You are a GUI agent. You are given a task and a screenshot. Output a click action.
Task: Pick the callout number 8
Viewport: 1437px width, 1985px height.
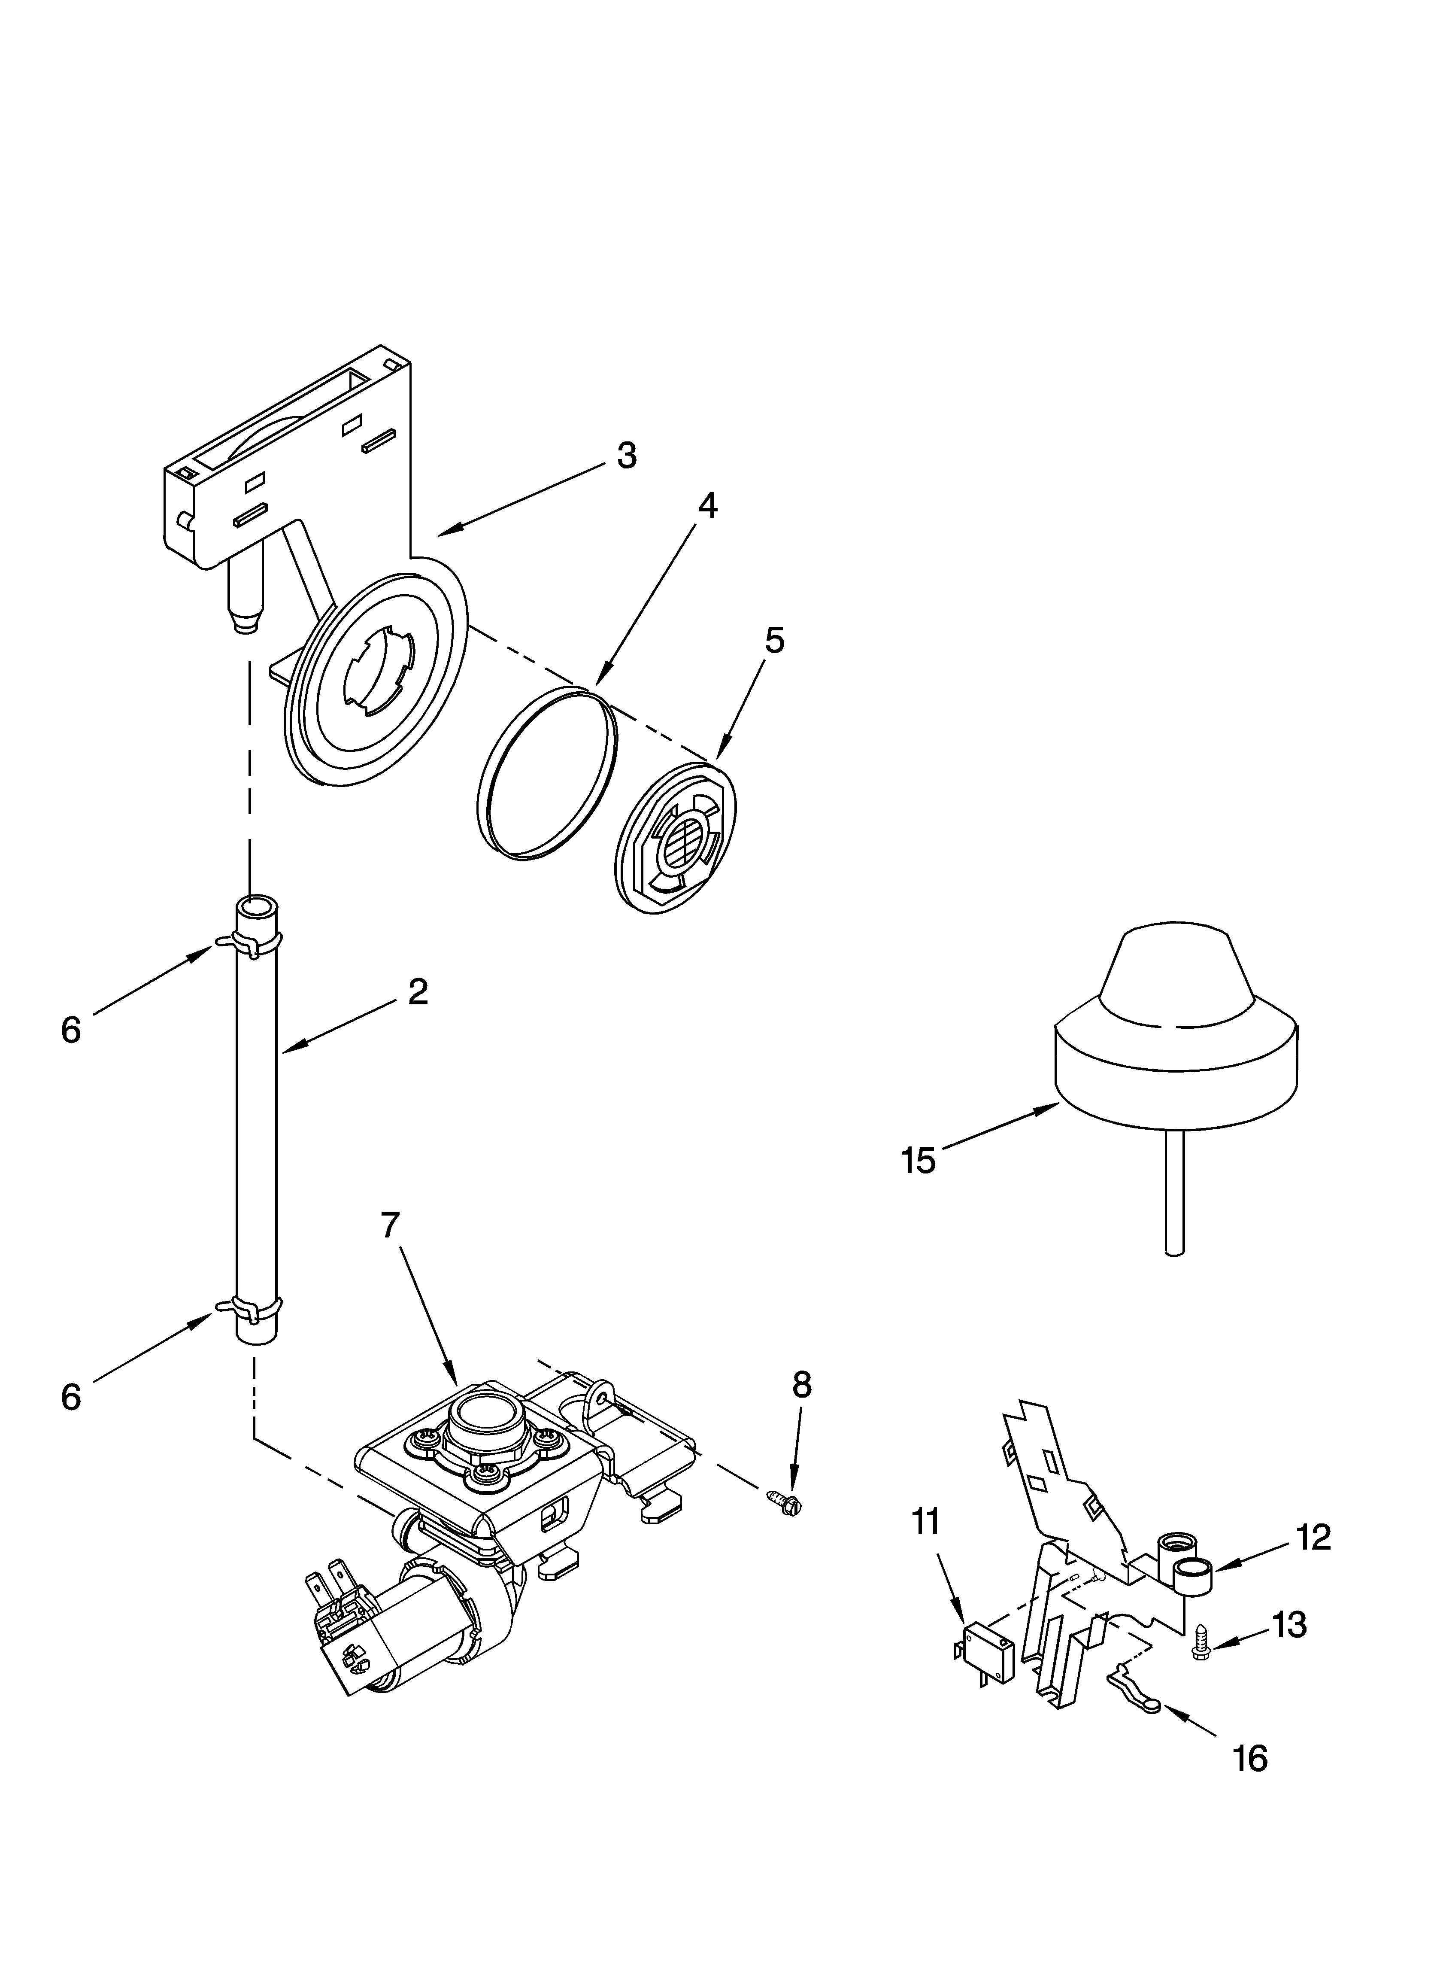801,1385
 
